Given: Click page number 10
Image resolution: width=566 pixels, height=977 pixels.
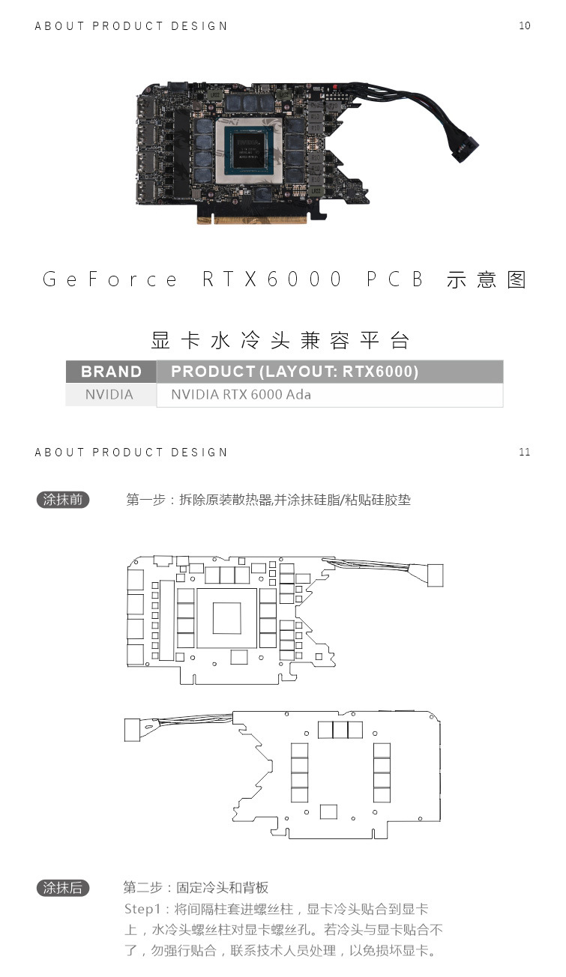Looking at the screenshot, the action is tap(524, 26).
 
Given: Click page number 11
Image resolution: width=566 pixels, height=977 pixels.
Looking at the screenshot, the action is tap(524, 453).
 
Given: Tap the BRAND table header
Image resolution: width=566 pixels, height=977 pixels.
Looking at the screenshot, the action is tap(111, 372).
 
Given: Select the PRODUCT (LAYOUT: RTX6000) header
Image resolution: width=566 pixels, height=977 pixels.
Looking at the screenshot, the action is tap(294, 372).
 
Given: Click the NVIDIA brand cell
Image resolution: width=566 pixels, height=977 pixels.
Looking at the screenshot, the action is tap(109, 395).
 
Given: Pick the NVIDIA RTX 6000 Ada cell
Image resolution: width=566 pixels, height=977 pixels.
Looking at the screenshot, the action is tap(241, 395).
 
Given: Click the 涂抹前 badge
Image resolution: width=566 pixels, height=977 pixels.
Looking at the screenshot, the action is tap(63, 500).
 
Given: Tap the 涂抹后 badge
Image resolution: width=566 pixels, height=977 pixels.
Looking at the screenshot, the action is tap(63, 889).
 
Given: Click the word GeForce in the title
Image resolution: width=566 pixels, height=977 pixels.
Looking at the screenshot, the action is tap(111, 279).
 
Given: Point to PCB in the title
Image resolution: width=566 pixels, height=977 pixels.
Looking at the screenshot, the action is tap(396, 279).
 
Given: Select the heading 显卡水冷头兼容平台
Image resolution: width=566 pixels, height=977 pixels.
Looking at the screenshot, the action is tap(281, 341).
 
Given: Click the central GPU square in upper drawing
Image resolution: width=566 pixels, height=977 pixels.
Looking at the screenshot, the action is tap(227, 618).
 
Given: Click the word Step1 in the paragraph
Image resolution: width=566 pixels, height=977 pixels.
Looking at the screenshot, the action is tap(142, 910).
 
